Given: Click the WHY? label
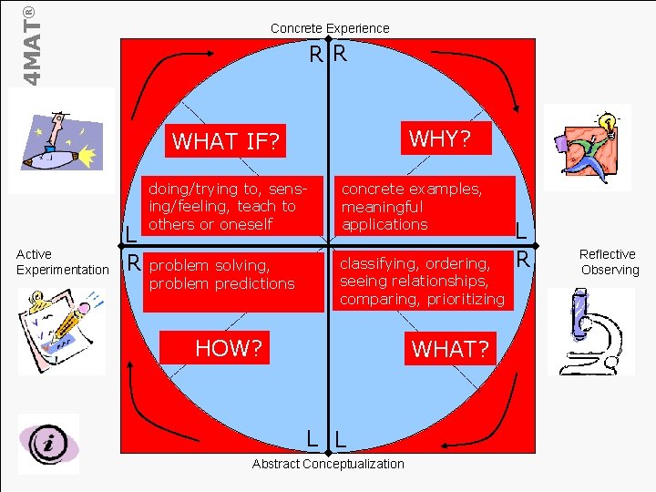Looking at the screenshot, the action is (x=440, y=138).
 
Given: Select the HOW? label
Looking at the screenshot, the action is (x=229, y=347).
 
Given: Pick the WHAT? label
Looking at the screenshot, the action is (x=450, y=348).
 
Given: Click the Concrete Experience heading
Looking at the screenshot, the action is (x=330, y=28).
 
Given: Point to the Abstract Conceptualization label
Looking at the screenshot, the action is (x=328, y=464).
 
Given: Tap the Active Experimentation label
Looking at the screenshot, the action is (x=62, y=261).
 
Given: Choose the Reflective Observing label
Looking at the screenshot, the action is (x=609, y=261).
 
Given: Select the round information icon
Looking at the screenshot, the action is (x=47, y=444).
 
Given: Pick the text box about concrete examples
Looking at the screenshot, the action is (x=424, y=207).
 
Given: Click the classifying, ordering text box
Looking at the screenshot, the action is (x=422, y=281).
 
